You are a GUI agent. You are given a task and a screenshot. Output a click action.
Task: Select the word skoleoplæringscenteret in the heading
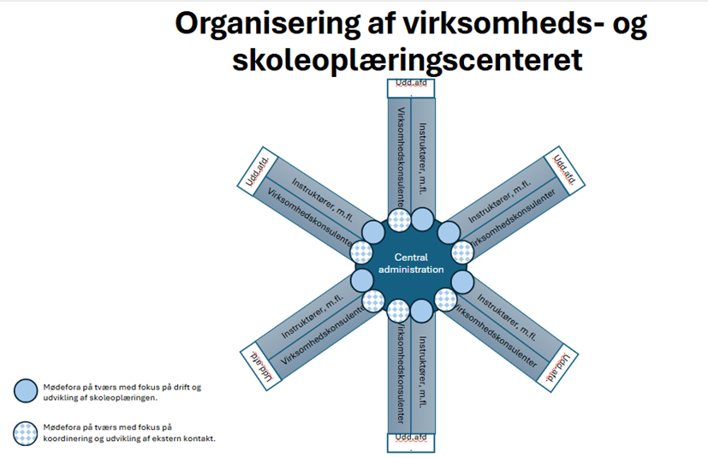click(x=412, y=60)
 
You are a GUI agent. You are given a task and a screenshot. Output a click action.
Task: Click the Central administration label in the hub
click(x=419, y=263)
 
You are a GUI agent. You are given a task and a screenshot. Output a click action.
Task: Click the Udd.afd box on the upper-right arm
click(x=566, y=167)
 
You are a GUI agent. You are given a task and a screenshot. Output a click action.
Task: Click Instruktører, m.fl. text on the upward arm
click(x=422, y=158)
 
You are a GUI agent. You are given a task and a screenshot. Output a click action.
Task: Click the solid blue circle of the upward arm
click(x=423, y=219)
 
